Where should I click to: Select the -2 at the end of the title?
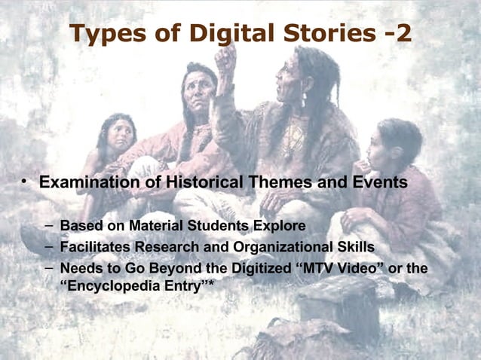(394, 34)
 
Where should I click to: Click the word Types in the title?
(106, 34)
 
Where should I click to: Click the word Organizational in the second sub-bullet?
(279, 247)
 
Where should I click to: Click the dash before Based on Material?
(48, 225)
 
